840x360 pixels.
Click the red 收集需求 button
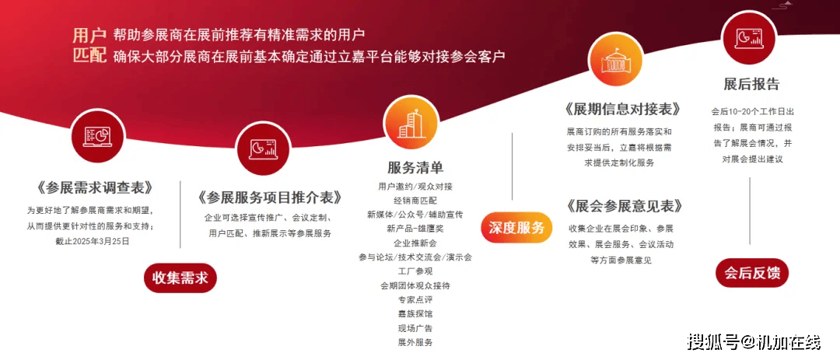point(180,278)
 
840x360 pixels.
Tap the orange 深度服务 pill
point(516,228)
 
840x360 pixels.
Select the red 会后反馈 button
point(752,273)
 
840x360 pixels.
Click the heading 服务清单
point(415,167)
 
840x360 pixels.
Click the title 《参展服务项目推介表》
point(269,197)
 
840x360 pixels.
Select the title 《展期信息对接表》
point(622,110)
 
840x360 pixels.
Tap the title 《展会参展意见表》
point(622,206)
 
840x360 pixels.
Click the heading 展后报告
point(751,84)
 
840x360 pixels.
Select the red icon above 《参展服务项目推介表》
point(263,148)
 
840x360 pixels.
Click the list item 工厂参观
point(415,271)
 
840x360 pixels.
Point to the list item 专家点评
point(415,300)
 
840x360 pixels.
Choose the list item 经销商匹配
point(415,201)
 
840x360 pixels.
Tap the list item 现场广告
point(415,328)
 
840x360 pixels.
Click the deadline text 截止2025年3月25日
point(92,242)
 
